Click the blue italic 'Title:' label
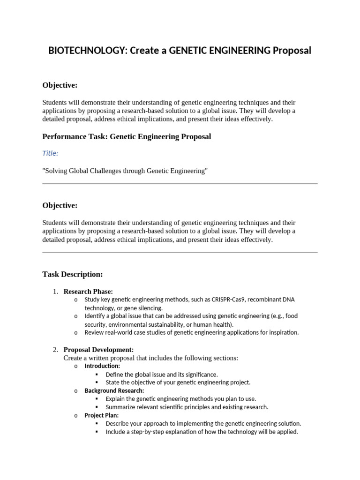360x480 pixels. [51, 153]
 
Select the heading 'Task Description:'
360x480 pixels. [73, 274]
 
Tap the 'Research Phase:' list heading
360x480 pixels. [88, 292]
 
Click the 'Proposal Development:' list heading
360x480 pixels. [98, 350]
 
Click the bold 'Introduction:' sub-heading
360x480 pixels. [102, 366]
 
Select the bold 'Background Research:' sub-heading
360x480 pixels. [114, 390]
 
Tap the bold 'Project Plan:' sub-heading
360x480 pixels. [102, 415]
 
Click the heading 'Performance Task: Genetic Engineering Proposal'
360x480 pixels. [127, 136]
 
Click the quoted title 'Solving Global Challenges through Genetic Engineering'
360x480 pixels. [125, 171]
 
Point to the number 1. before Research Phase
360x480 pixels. [55, 292]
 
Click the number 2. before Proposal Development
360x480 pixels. [55, 350]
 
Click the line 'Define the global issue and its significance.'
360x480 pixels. [162, 375]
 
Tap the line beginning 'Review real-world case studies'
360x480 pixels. [191, 333]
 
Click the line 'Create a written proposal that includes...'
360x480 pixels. [150, 358]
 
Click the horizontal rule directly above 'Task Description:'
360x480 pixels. [180, 253]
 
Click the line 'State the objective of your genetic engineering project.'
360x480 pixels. [178, 382]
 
